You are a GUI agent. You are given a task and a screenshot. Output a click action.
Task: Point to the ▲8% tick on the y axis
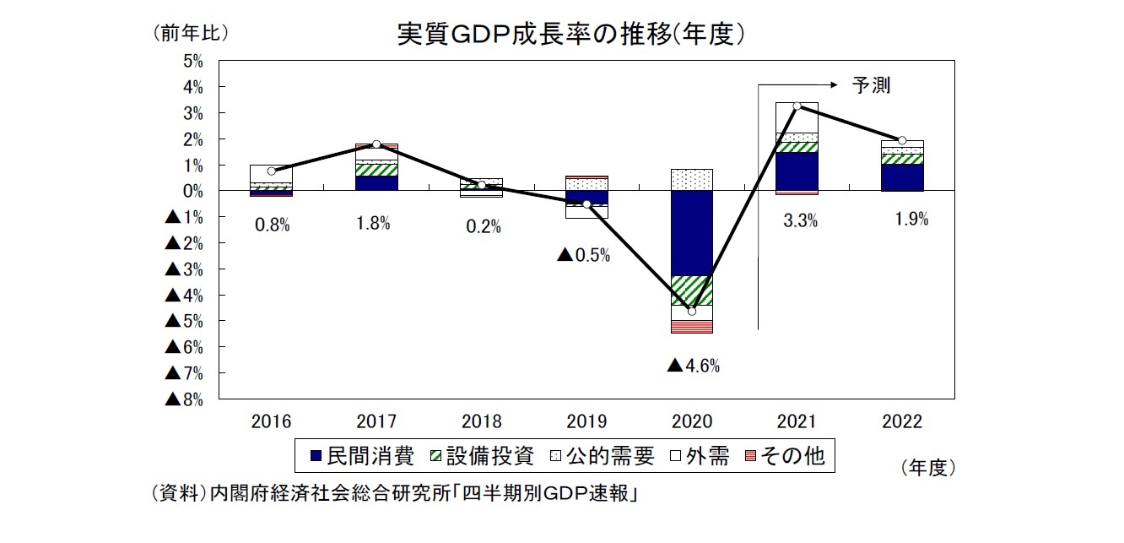(185, 399)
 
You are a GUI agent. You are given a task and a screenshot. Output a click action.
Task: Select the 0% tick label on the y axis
(193, 191)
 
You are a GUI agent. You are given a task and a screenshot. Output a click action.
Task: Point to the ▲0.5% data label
(583, 254)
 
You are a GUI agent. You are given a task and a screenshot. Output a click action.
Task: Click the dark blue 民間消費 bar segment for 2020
(692, 233)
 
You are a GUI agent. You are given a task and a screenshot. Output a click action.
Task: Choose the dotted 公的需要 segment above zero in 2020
(692, 180)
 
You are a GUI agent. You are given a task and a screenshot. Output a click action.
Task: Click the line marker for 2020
(692, 311)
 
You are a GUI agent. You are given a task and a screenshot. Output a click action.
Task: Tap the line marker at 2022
(902, 140)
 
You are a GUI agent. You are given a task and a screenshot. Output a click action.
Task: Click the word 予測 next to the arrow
(872, 84)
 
